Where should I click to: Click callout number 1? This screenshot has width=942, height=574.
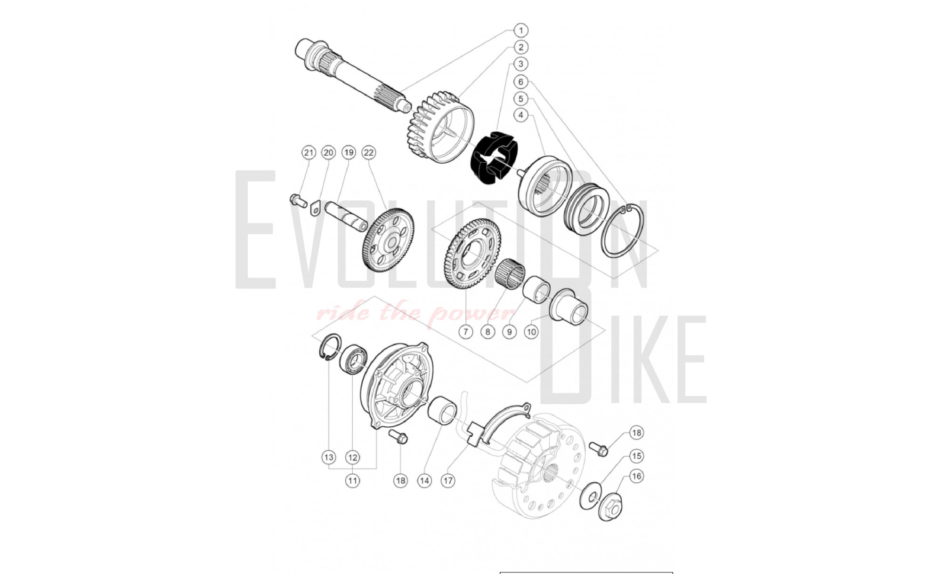click(x=520, y=31)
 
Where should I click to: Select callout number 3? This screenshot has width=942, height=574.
click(x=520, y=64)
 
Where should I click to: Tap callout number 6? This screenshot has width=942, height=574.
click(x=520, y=82)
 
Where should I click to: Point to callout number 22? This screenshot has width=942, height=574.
click(x=369, y=152)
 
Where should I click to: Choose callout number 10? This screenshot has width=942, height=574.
click(x=531, y=332)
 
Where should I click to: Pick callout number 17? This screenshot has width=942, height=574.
click(x=448, y=480)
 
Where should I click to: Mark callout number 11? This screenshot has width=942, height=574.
click(x=352, y=480)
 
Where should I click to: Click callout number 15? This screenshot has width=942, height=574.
click(x=636, y=456)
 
